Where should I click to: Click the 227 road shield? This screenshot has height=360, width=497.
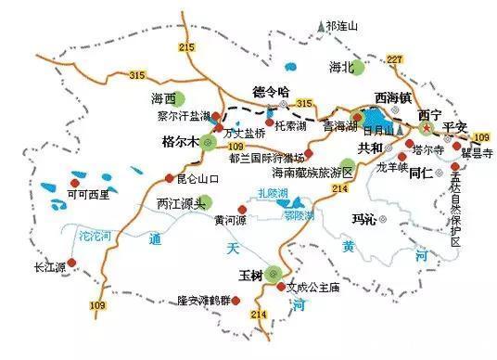click(394, 60)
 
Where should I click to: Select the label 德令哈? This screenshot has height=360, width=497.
click(272, 91)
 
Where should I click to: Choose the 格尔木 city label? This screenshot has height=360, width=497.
click(180, 143)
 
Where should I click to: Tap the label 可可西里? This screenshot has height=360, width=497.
click(89, 195)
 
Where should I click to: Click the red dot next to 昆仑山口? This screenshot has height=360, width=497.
click(168, 177)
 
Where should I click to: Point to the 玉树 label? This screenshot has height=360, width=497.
click(248, 275)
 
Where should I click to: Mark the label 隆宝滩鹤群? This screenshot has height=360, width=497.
click(202, 301)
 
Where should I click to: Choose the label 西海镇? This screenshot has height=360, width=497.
click(392, 96)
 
